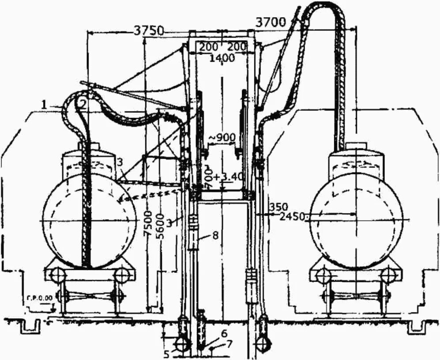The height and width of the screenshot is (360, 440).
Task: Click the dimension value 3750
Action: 149,30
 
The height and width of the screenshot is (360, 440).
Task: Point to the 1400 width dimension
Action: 222,58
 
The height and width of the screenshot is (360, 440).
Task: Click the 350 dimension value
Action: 279,206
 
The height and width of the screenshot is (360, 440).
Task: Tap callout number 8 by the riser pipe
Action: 215,235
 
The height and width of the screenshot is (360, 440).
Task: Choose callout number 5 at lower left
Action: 166,353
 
